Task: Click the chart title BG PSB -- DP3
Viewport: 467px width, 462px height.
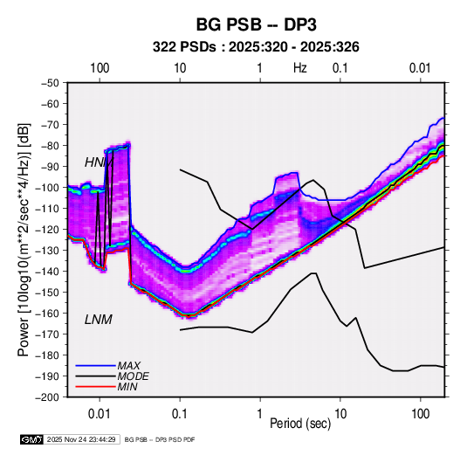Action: point(256,24)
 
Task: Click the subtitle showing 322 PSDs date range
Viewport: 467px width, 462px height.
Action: point(256,47)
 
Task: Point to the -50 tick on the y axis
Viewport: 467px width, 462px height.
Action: point(50,83)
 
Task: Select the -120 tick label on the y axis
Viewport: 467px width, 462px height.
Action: point(47,230)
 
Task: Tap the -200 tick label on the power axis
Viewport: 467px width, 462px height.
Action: point(47,397)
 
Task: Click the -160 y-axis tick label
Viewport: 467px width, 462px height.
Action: point(47,314)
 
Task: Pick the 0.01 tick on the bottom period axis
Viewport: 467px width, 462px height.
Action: point(100,414)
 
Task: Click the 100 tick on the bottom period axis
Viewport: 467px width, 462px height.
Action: point(420,414)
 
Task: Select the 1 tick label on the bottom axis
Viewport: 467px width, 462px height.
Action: point(260,414)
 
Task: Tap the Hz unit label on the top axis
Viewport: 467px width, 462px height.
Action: point(300,68)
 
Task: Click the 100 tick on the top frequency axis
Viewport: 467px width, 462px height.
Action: point(100,68)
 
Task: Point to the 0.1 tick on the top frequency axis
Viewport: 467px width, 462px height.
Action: point(340,68)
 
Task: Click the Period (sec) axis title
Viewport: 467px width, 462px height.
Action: point(300,424)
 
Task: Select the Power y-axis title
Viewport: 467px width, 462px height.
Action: point(24,239)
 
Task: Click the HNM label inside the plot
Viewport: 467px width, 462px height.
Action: point(100,162)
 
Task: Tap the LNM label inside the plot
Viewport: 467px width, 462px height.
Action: point(99,320)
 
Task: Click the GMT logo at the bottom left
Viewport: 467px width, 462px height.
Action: point(31,439)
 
